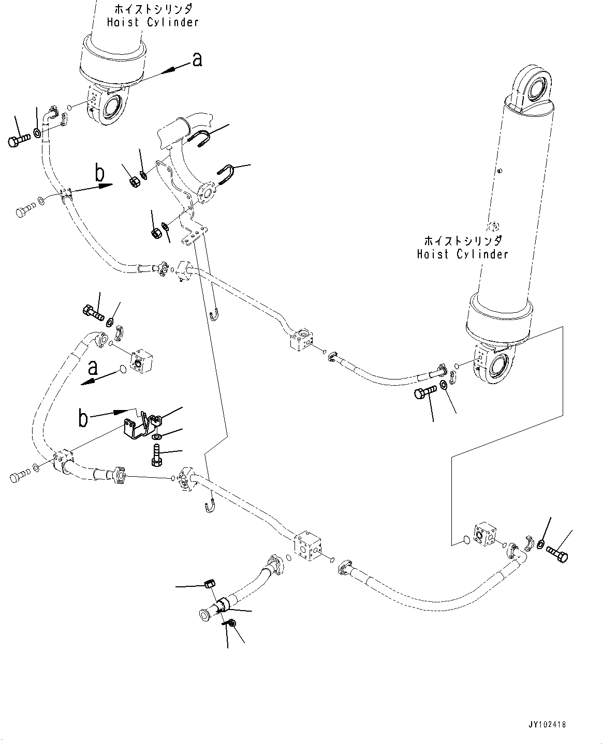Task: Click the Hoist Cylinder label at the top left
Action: click(x=152, y=16)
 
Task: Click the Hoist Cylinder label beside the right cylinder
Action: click(x=462, y=248)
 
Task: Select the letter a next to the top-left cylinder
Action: click(x=197, y=60)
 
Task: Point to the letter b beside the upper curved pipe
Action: click(x=99, y=173)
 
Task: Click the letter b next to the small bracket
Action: click(x=83, y=418)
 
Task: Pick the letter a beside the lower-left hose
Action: click(x=93, y=368)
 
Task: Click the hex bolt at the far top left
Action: click(x=19, y=140)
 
